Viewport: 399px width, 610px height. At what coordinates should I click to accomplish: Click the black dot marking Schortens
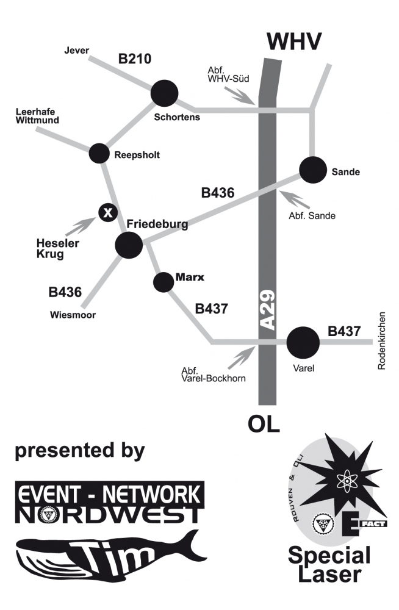pos(165,93)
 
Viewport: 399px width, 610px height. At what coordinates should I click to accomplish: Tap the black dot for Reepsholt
pos(99,154)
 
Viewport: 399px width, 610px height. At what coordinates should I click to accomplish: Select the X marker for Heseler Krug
pos(108,212)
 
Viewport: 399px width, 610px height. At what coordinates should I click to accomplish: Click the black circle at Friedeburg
pos(129,245)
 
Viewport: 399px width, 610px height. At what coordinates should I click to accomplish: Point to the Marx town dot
pos(163,282)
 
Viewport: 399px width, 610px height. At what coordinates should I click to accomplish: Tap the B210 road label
pos(135,59)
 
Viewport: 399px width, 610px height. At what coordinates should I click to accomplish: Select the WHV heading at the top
pos(295,41)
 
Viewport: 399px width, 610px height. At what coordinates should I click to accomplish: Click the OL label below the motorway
pos(264,424)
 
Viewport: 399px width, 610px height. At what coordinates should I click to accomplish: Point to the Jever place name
pos(77,50)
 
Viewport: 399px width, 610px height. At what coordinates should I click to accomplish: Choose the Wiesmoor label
pos(74,315)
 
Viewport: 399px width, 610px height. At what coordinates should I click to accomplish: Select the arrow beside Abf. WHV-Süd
pos(243,95)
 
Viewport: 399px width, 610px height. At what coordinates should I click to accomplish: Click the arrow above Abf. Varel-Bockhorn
pos(242,358)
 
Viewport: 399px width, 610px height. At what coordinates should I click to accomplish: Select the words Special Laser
pos(329,565)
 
